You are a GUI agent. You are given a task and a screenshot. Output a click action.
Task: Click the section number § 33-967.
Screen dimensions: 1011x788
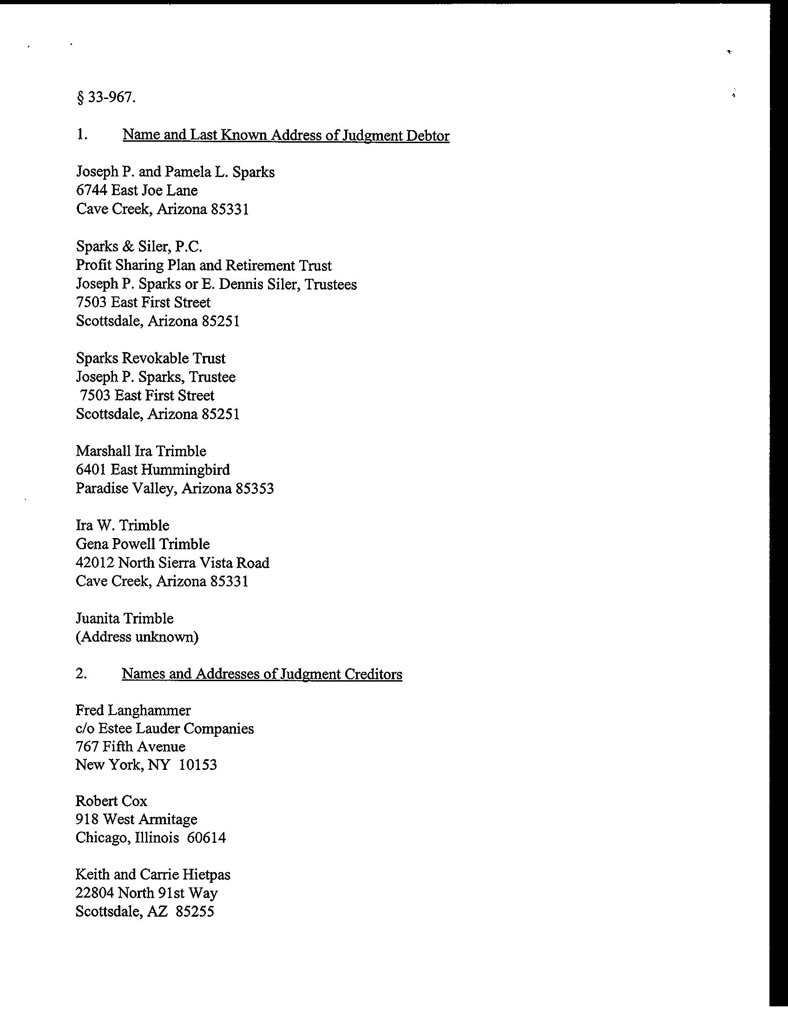[x=106, y=98]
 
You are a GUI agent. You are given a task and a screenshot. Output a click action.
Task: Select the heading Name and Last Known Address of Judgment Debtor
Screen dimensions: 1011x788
[x=286, y=135]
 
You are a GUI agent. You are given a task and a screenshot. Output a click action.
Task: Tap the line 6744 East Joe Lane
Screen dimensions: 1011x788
[x=137, y=190]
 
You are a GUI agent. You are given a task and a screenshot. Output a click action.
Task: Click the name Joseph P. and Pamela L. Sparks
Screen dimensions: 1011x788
[x=175, y=172]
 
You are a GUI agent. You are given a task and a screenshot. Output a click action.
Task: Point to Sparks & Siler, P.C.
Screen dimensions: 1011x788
[x=139, y=246]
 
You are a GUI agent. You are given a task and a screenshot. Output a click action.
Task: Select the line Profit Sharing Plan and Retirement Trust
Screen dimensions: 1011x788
[x=204, y=265]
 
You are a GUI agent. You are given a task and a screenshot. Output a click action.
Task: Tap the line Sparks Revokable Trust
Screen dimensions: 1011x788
[x=151, y=358]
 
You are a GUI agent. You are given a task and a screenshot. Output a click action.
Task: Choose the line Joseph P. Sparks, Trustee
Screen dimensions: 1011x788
[x=156, y=377]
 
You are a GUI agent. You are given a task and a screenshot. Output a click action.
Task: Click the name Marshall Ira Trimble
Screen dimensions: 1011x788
[x=141, y=451]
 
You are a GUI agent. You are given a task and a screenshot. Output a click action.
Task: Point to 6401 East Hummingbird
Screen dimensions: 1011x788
[x=153, y=470]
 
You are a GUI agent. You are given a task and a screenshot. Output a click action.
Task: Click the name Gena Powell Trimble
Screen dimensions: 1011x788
[x=143, y=544]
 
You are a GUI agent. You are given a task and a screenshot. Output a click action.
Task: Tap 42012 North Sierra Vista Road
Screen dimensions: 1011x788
[x=172, y=563]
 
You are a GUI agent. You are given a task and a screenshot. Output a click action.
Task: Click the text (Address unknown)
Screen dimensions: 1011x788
[x=137, y=637]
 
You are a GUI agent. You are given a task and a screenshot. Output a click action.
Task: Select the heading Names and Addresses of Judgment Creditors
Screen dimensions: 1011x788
[x=262, y=674]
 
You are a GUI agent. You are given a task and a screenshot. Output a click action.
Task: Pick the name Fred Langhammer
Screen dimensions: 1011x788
[x=133, y=710]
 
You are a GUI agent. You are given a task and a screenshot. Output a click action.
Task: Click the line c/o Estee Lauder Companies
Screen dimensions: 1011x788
[x=164, y=729]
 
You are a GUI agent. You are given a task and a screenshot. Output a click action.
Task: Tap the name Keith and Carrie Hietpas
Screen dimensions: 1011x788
[x=153, y=874]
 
